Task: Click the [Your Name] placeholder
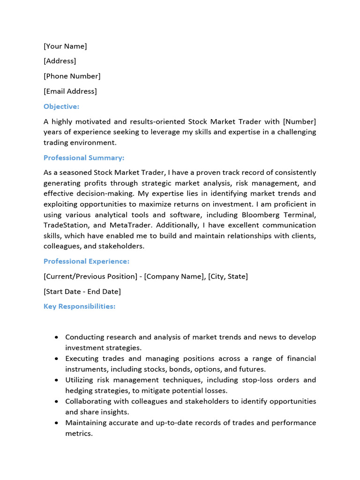pos(65,46)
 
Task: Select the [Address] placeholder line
pos(60,61)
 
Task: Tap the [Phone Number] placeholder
pos(72,76)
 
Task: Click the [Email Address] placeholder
pos(70,91)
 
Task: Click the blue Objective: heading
pos(61,106)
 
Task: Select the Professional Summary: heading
pos(84,157)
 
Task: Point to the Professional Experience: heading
pos(86,261)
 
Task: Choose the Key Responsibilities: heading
pos(79,306)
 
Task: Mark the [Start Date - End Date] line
pos(82,291)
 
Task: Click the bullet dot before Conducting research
pos(57,337)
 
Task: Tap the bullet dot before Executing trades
pos(57,359)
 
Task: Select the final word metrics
pos(78,434)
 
